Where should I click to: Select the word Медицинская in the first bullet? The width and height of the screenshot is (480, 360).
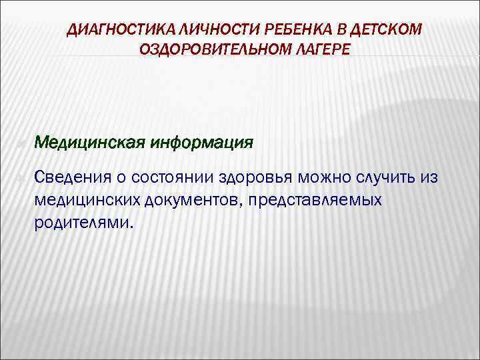click(90, 142)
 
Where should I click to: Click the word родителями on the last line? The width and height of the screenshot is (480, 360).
click(83, 222)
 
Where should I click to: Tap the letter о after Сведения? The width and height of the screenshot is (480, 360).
click(125, 178)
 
